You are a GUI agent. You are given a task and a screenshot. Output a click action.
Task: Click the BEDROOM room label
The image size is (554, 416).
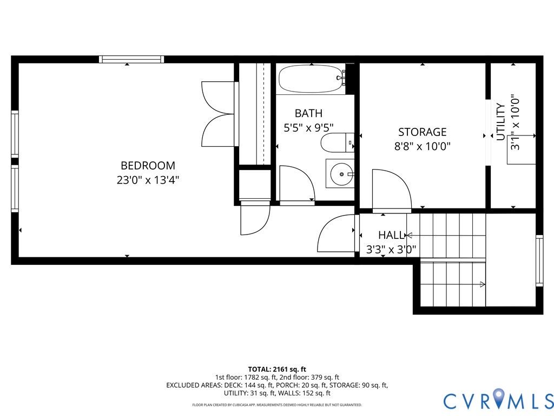click(x=148, y=166)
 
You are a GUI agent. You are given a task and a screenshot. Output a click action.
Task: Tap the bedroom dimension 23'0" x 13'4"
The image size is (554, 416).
click(x=148, y=180)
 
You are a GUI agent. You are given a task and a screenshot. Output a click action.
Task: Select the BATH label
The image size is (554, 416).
click(x=308, y=113)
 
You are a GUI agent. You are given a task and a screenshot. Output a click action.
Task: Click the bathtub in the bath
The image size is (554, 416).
click(x=312, y=79)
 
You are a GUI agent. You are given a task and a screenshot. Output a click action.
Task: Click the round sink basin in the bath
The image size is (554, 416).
click(x=342, y=174)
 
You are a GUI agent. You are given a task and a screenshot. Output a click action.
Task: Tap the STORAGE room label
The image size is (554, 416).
click(x=422, y=132)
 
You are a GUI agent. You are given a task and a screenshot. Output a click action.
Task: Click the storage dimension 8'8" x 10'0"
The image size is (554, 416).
click(x=422, y=146)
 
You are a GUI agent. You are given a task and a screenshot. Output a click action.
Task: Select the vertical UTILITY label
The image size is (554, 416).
click(x=500, y=122)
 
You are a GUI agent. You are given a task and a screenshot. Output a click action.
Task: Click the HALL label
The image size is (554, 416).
click(x=391, y=235)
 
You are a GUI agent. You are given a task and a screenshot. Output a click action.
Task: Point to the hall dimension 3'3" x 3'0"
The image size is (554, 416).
click(x=391, y=250)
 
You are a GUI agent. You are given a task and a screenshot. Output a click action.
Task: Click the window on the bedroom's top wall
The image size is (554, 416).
click(x=131, y=59)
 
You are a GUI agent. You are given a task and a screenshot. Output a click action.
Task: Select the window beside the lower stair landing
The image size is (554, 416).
click(x=539, y=261)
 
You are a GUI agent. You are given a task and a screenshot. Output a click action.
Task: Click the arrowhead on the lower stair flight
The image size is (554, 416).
click(x=483, y=284)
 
